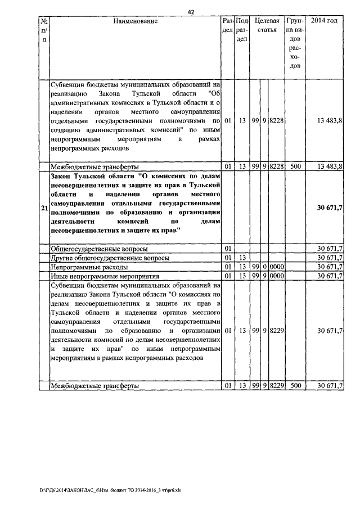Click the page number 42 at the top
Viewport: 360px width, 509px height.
tap(191, 12)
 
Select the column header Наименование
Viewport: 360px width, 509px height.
tap(135, 21)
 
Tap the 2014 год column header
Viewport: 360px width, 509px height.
tap(324, 21)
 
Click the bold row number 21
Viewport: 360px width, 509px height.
tap(44, 209)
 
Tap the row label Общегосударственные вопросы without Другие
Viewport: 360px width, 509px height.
tap(99, 248)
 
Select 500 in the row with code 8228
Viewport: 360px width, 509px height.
tap(294, 166)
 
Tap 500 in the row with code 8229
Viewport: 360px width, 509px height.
tap(294, 386)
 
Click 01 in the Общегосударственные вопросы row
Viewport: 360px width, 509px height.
tap(228, 248)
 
